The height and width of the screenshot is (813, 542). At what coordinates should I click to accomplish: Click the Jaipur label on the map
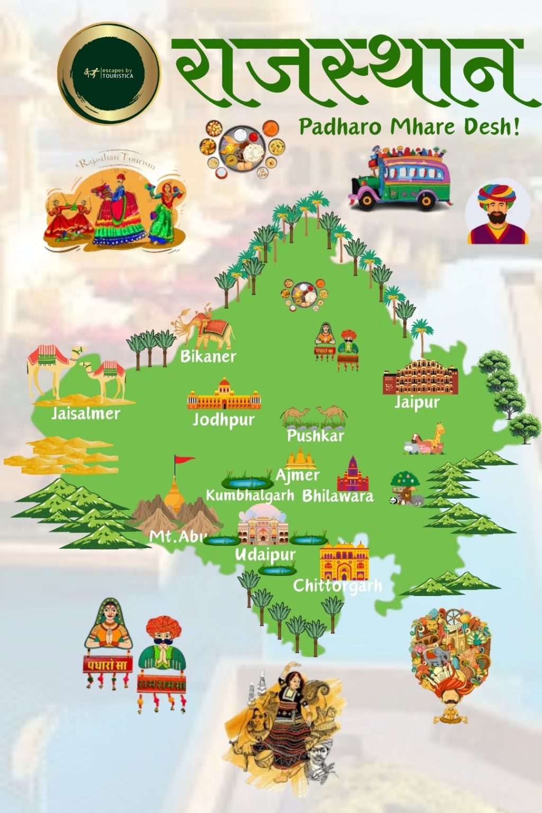click(x=417, y=403)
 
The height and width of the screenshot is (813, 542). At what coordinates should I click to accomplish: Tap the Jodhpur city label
click(x=223, y=420)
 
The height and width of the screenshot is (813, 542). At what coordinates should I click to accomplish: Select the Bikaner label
click(x=208, y=356)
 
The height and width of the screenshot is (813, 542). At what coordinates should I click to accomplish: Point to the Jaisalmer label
click(x=86, y=413)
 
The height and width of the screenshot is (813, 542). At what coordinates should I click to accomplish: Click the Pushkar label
click(x=315, y=436)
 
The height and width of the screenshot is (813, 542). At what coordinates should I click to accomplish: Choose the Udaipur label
click(x=265, y=555)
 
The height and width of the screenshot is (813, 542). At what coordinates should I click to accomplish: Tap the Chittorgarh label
click(x=337, y=585)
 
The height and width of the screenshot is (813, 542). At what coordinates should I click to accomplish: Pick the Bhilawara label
click(x=338, y=496)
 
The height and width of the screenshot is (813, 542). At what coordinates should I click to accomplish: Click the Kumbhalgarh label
click(x=250, y=495)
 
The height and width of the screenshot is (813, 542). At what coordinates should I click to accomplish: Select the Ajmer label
click(x=297, y=475)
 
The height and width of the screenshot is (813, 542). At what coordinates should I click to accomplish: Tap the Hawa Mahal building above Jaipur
click(x=418, y=377)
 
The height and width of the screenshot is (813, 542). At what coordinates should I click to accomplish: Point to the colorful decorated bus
click(x=400, y=177)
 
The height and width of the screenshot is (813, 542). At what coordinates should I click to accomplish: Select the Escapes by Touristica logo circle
click(x=109, y=74)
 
